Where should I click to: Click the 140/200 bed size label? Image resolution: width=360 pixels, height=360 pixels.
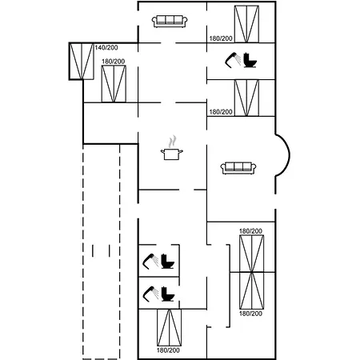pyautogui.click(x=106, y=48)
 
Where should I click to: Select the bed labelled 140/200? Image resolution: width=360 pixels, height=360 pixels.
pyautogui.click(x=82, y=62)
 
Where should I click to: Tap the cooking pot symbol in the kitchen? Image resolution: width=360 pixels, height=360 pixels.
pyautogui.click(x=172, y=154)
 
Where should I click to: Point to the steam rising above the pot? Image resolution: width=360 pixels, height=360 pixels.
pyautogui.click(x=173, y=142)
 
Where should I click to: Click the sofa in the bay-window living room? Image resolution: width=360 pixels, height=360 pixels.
pyautogui.click(x=238, y=168)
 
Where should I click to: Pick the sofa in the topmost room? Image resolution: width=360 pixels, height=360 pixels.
pyautogui.click(x=170, y=22)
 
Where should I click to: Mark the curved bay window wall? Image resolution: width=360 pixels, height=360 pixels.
pyautogui.click(x=283, y=155)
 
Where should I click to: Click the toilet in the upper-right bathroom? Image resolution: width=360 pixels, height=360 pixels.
pyautogui.click(x=250, y=60)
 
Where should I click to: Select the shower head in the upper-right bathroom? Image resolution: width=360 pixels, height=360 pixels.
pyautogui.click(x=233, y=59)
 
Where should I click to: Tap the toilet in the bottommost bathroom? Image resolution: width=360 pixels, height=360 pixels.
pyautogui.click(x=168, y=294)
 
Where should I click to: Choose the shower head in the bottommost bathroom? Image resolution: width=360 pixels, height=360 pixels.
pyautogui.click(x=150, y=294)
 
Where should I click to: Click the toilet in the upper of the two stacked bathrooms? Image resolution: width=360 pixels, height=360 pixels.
pyautogui.click(x=168, y=262)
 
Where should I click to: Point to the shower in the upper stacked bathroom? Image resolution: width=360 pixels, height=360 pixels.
pyautogui.click(x=150, y=261)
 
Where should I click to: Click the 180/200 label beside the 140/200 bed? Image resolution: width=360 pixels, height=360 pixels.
pyautogui.click(x=113, y=62)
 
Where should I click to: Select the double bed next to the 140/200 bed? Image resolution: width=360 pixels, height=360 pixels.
pyautogui.click(x=114, y=84)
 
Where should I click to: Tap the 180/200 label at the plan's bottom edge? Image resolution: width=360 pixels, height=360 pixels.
pyautogui.click(x=168, y=350)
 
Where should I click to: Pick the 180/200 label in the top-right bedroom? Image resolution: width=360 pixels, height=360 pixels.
pyautogui.click(x=221, y=38)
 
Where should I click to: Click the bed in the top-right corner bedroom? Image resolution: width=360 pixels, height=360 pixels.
pyautogui.click(x=246, y=24)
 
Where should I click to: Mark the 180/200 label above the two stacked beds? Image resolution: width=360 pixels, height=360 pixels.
pyautogui.click(x=250, y=231)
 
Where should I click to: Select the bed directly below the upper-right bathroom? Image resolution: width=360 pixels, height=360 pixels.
pyautogui.click(x=246, y=98)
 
